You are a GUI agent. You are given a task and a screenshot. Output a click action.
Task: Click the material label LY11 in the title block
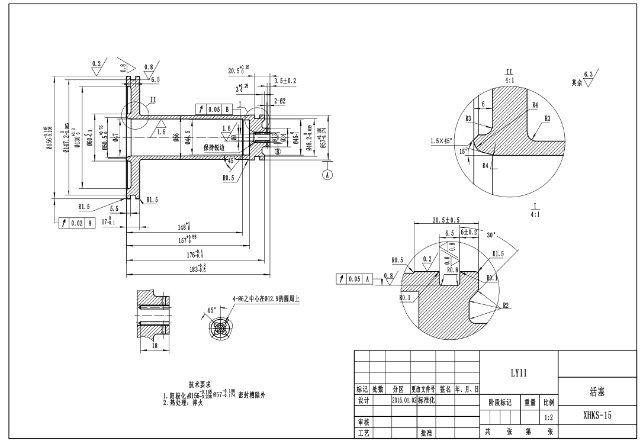tap(519, 373)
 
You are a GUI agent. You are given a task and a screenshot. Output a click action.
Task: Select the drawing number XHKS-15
tap(597, 416)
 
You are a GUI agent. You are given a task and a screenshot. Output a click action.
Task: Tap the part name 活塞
tap(597, 391)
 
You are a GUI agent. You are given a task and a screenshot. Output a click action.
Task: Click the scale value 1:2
tap(548, 417)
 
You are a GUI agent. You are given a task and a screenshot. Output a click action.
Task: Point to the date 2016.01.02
tap(404, 400)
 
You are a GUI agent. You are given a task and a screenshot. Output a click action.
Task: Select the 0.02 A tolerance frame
tap(74, 223)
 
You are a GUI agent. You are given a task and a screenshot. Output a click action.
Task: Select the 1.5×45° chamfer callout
tap(442, 141)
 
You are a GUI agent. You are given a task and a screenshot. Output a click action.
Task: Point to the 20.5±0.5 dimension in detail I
tap(446, 220)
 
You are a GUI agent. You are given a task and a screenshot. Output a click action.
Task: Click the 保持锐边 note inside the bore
tap(214, 147)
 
